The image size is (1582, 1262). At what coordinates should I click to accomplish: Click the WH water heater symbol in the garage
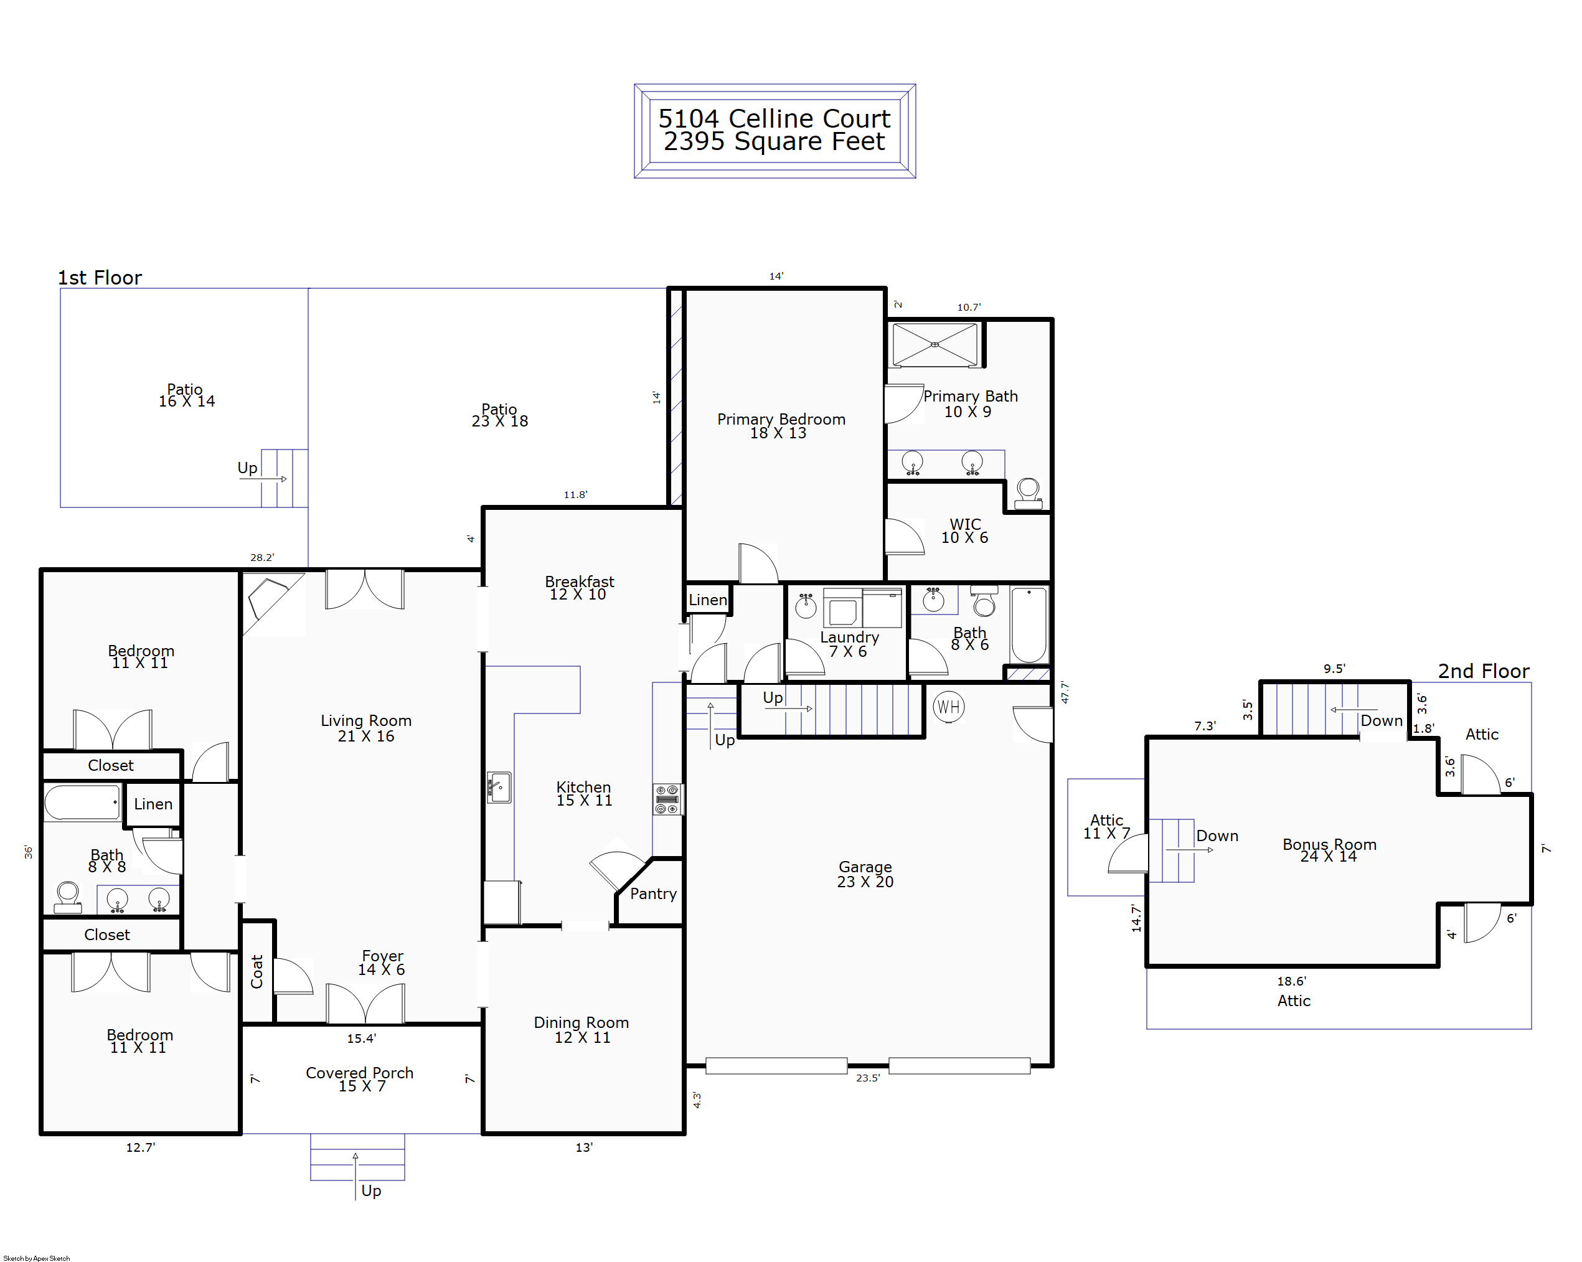tap(948, 707)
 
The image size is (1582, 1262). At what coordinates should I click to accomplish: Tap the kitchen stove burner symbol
tap(667, 799)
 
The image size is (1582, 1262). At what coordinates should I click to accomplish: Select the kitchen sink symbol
tap(499, 788)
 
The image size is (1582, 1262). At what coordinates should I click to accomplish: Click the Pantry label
tap(653, 893)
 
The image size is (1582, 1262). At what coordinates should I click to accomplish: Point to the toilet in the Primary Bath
tap(1028, 493)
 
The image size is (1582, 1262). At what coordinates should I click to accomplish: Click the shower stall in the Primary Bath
tap(935, 345)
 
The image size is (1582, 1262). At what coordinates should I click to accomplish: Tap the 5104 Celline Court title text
tap(774, 118)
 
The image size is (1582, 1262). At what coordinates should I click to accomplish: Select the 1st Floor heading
tap(100, 277)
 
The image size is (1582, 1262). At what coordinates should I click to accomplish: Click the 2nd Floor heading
tap(1483, 671)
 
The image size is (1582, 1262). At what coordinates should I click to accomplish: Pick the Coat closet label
tap(257, 971)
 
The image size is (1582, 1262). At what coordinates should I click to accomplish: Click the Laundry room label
tap(849, 637)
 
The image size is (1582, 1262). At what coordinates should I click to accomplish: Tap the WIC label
tap(965, 524)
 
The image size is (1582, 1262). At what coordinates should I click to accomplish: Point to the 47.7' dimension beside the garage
tap(1065, 692)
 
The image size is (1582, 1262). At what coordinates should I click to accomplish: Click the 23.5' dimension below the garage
tap(867, 1078)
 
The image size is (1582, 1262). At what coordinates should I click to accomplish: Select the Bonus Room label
tap(1329, 844)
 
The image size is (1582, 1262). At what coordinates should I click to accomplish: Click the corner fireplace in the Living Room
tap(271, 600)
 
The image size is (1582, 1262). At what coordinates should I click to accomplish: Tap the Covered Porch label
tap(360, 1073)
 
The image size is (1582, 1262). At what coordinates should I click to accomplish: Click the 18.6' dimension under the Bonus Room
tap(1291, 981)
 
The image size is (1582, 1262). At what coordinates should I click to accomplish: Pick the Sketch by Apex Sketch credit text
tap(37, 1258)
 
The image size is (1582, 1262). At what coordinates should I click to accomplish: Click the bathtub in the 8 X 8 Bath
tap(82, 802)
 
